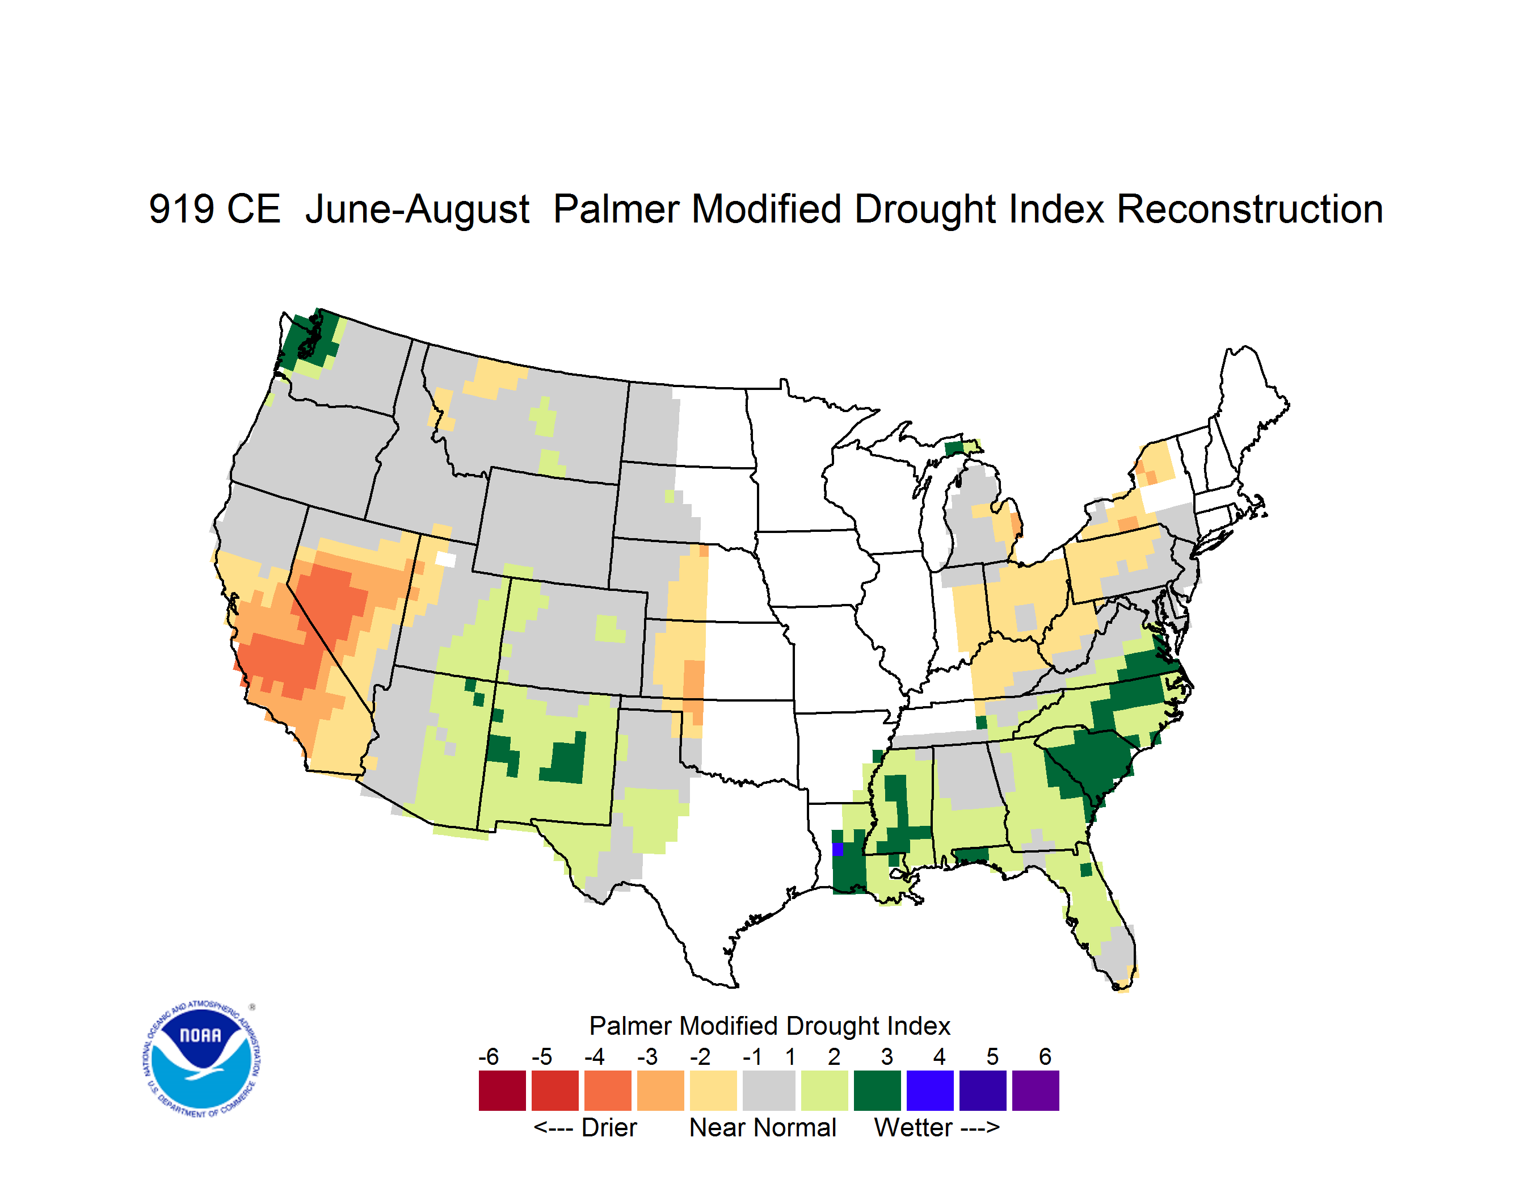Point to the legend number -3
[647, 1056]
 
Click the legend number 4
[940, 1056]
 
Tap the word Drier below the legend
[609, 1127]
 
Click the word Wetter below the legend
[914, 1127]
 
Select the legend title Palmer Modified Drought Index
[769, 1026]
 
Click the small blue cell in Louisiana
[837, 850]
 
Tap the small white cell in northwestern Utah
[445, 559]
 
